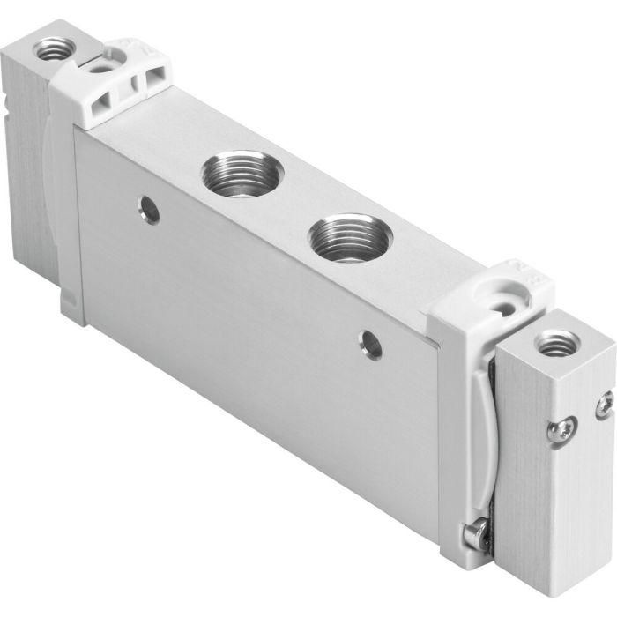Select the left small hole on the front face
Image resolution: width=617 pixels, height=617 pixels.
149,209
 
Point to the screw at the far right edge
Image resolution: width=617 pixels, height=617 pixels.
604,406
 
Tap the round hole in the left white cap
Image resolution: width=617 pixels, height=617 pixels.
100,66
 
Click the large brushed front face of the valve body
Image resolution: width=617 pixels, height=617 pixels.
256,335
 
